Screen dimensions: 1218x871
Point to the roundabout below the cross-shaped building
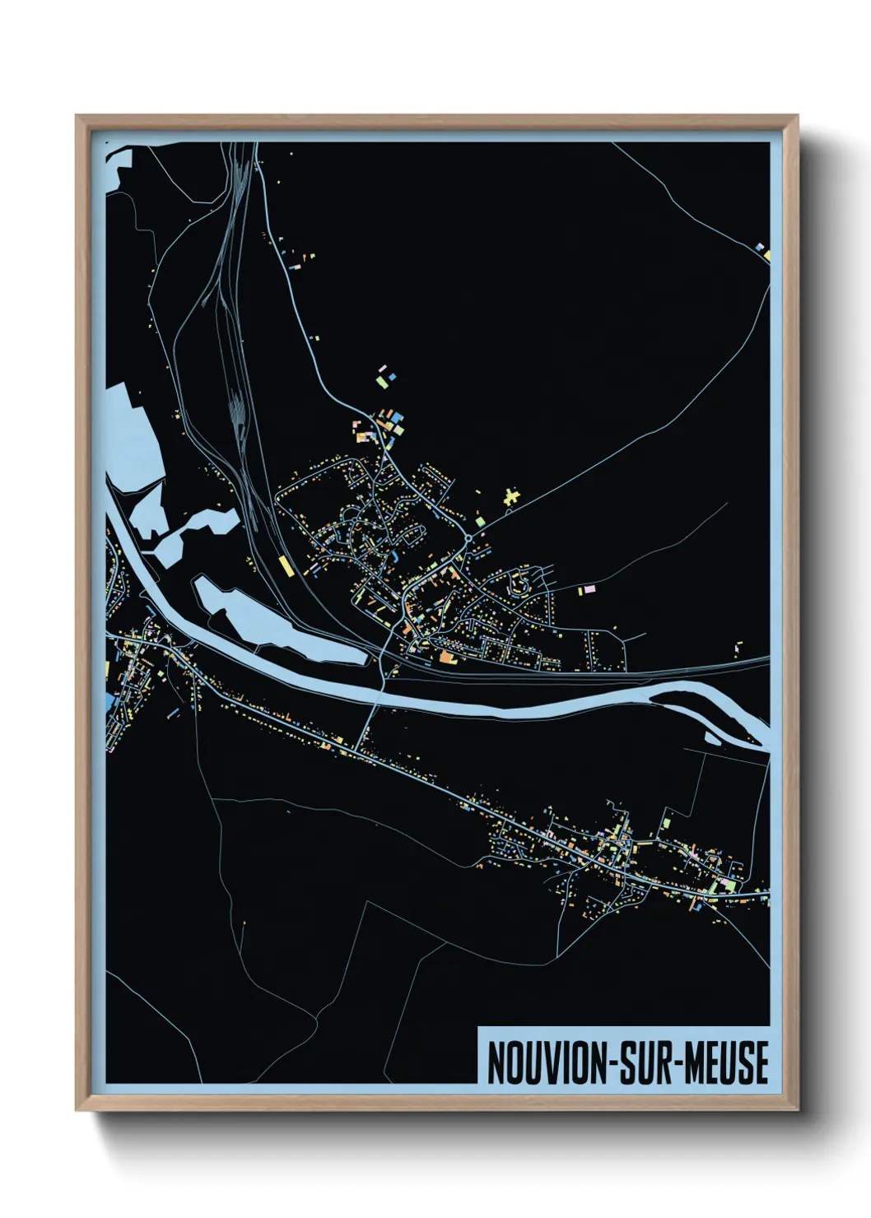[468, 538]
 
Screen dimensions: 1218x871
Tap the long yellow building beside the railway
[285, 566]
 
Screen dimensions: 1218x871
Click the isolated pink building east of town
[587, 589]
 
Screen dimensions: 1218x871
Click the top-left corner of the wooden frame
[77, 116]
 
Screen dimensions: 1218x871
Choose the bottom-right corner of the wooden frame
[797, 1110]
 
